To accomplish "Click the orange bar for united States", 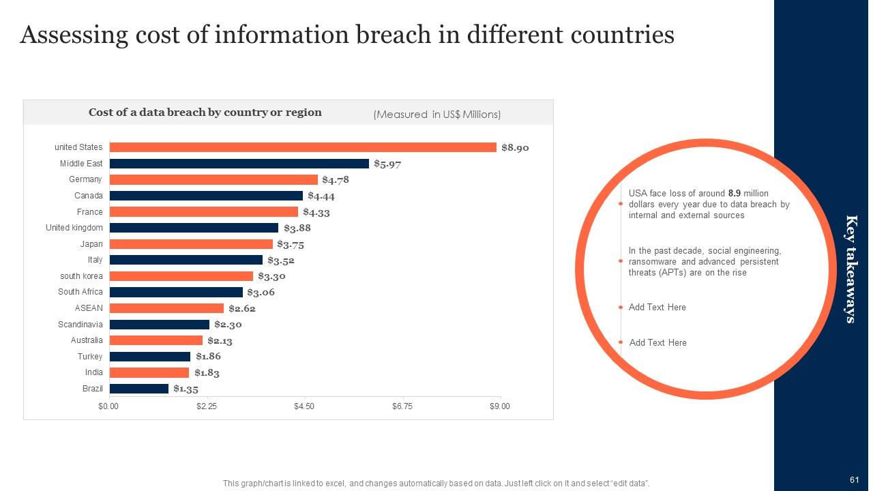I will [303, 147].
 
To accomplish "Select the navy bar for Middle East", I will [239, 164].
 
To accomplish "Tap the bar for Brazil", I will [139, 389].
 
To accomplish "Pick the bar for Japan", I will [191, 244].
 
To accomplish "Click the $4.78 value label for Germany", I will [336, 180].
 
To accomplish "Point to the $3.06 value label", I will [261, 293].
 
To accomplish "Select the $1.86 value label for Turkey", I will [208, 357].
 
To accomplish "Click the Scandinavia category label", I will [80, 325].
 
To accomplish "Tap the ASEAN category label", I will [89, 308].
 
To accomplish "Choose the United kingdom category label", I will [74, 228].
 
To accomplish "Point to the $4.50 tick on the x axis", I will [304, 406].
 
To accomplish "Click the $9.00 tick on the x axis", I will [500, 406].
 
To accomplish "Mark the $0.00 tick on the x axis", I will [108, 406].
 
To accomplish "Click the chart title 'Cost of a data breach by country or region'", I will [205, 113].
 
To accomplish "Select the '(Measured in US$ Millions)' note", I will [436, 115].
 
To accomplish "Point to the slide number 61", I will [854, 480].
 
